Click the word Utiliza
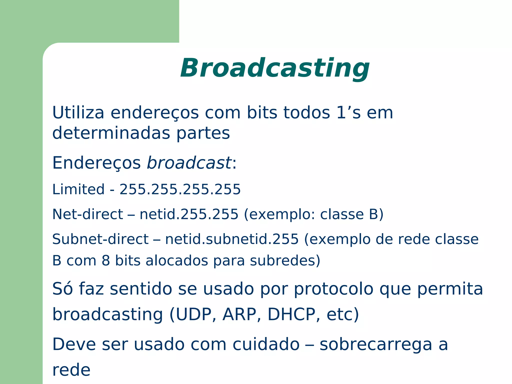(x=78, y=112)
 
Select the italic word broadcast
(x=189, y=163)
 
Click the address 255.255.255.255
(x=180, y=189)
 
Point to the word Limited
(x=78, y=189)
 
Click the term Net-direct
(x=87, y=214)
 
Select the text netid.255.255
(x=189, y=214)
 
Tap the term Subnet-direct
(x=100, y=239)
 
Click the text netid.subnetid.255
(x=232, y=239)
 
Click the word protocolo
(x=333, y=289)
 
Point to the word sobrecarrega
(x=376, y=344)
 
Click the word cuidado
(x=266, y=344)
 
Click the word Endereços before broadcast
(x=96, y=163)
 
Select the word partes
(x=203, y=133)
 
